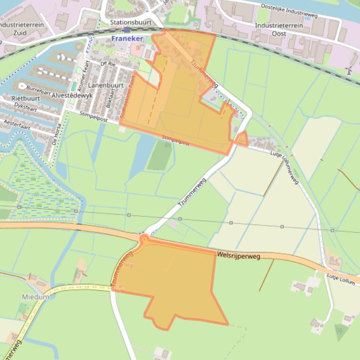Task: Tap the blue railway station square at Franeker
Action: [x=127, y=29]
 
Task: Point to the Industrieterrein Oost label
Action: [x=279, y=29]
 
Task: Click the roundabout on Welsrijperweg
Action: [x=144, y=240]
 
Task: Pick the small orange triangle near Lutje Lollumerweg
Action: [x=242, y=139]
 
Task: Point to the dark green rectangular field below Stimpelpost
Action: [x=159, y=156]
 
